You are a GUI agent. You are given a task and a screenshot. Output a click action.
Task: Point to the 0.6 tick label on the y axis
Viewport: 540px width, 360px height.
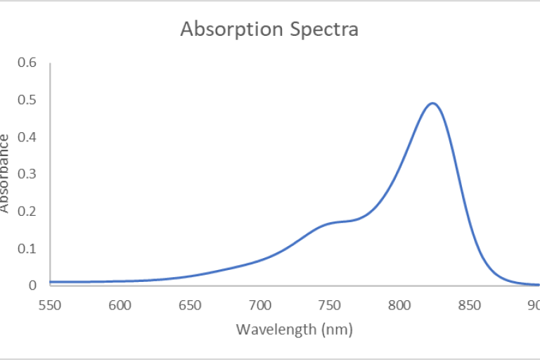[x=27, y=62]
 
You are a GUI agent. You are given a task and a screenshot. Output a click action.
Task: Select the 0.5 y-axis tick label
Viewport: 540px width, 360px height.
[x=27, y=99]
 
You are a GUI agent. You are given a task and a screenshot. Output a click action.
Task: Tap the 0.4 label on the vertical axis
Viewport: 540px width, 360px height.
[x=27, y=136]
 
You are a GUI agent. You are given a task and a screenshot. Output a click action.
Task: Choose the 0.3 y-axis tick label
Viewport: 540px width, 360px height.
[x=27, y=174]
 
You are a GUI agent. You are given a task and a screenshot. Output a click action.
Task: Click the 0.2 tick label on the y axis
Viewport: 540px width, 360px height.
[x=27, y=211]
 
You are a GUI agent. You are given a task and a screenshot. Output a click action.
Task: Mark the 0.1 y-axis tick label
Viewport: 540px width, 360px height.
[x=27, y=248]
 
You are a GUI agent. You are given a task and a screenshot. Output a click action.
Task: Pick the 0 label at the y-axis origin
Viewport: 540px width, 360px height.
[x=32, y=285]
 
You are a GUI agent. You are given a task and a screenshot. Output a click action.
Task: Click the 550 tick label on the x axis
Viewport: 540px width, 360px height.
[x=50, y=305]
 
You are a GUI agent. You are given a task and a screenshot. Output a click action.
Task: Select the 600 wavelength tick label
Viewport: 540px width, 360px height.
[x=120, y=305]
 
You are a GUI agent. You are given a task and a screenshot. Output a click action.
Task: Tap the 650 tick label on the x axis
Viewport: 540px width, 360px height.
[x=190, y=305]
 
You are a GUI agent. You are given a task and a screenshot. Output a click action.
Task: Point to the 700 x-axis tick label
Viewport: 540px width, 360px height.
[x=259, y=305]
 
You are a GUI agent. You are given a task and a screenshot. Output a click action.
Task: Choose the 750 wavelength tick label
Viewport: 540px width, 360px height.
[x=330, y=305]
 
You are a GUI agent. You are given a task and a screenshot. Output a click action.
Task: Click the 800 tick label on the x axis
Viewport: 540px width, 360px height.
[x=399, y=305]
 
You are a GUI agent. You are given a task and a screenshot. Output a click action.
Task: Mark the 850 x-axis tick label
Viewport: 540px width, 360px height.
[x=469, y=305]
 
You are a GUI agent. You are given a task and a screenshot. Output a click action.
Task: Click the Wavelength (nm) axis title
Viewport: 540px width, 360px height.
[x=294, y=329]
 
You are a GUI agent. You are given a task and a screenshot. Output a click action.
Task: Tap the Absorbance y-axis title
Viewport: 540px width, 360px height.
[x=6, y=173]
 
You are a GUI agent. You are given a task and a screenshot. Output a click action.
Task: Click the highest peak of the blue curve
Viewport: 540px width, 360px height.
[x=433, y=103]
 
